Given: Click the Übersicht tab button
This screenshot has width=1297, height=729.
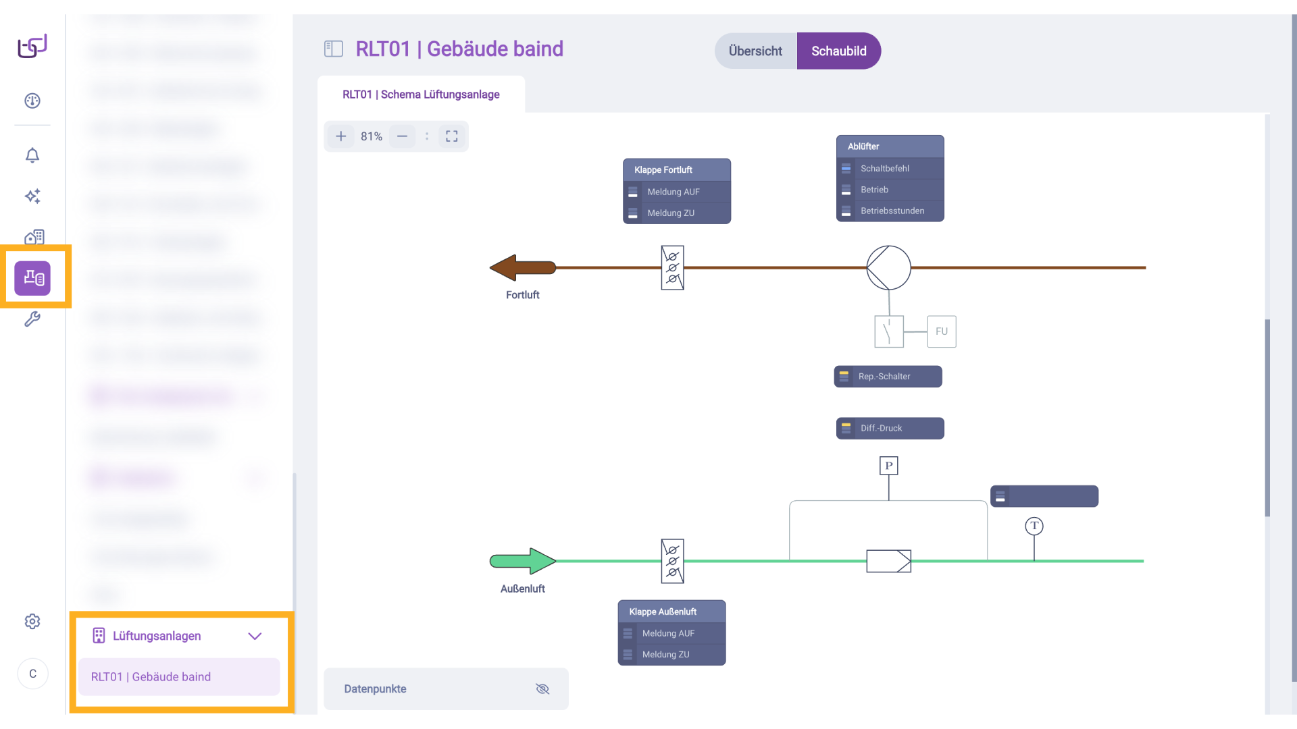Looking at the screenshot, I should (755, 51).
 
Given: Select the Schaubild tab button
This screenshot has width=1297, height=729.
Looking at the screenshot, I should (838, 51).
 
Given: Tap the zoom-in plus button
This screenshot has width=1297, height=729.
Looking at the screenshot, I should (341, 136).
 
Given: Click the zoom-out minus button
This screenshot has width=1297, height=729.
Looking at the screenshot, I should (402, 136).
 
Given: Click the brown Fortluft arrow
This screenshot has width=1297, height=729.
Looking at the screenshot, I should (522, 268).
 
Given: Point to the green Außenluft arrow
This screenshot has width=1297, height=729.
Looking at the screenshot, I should (522, 561).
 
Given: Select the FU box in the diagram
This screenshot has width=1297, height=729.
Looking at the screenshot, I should (941, 331).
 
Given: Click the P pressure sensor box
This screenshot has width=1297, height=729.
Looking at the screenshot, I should (888, 466).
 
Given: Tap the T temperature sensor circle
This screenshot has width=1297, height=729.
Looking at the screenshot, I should (1034, 526).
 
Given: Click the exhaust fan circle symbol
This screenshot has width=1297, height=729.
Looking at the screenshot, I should (888, 268).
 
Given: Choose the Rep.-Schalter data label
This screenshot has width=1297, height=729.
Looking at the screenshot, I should (888, 377).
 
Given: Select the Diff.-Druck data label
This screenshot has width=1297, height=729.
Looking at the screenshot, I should (890, 429).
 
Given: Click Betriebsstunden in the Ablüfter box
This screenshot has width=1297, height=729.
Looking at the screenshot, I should (892, 211).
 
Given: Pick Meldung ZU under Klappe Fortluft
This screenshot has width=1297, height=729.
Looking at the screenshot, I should (670, 213).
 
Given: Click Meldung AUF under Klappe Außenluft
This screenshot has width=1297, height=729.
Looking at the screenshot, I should (667, 633).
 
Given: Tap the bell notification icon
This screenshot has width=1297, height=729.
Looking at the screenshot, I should (32, 156).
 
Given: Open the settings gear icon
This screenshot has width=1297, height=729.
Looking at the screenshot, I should (32, 622).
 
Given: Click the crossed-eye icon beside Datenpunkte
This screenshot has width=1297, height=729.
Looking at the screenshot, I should (542, 689).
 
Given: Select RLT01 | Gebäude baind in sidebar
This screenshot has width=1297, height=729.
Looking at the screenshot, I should (151, 677).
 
